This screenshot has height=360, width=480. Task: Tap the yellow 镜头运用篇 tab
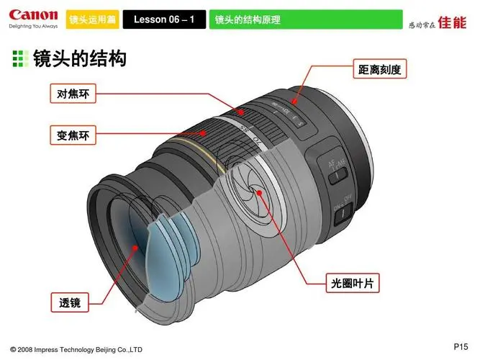[92, 19]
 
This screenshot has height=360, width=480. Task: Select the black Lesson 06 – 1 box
[164, 19]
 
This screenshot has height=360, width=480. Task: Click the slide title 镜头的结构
[79, 58]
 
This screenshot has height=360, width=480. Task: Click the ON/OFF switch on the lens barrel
[345, 210]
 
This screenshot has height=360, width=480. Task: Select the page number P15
[461, 343]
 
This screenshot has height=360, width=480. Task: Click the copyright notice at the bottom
[76, 349]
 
